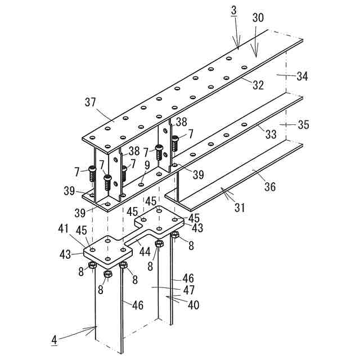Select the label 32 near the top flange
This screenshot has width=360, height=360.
coord(258,85)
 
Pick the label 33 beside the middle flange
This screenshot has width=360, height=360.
coord(271,135)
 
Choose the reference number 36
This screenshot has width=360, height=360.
coord(270,186)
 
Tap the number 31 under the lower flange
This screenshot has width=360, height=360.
coord(240,208)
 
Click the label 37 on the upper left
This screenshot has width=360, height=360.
coord(91,102)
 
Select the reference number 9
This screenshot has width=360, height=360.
coord(147,165)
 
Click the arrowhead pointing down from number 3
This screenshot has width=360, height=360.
coord(238,48)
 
